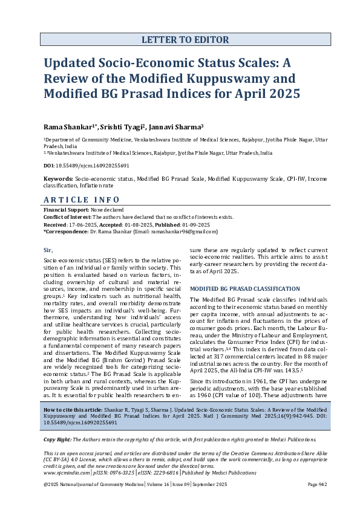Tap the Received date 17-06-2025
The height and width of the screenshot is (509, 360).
[84, 224]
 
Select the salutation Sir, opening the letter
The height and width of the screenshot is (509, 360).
[48, 249]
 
